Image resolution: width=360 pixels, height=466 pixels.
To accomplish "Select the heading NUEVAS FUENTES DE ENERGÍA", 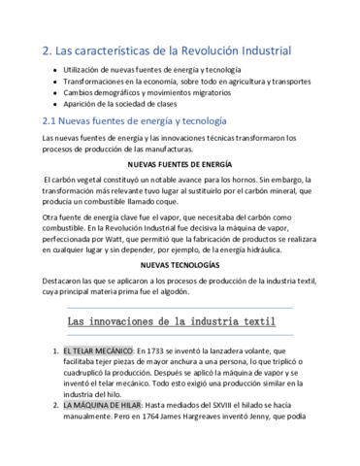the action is pyautogui.click(x=179, y=165).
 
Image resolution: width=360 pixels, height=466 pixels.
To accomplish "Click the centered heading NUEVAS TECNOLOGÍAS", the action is pyautogui.click(x=180, y=265).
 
